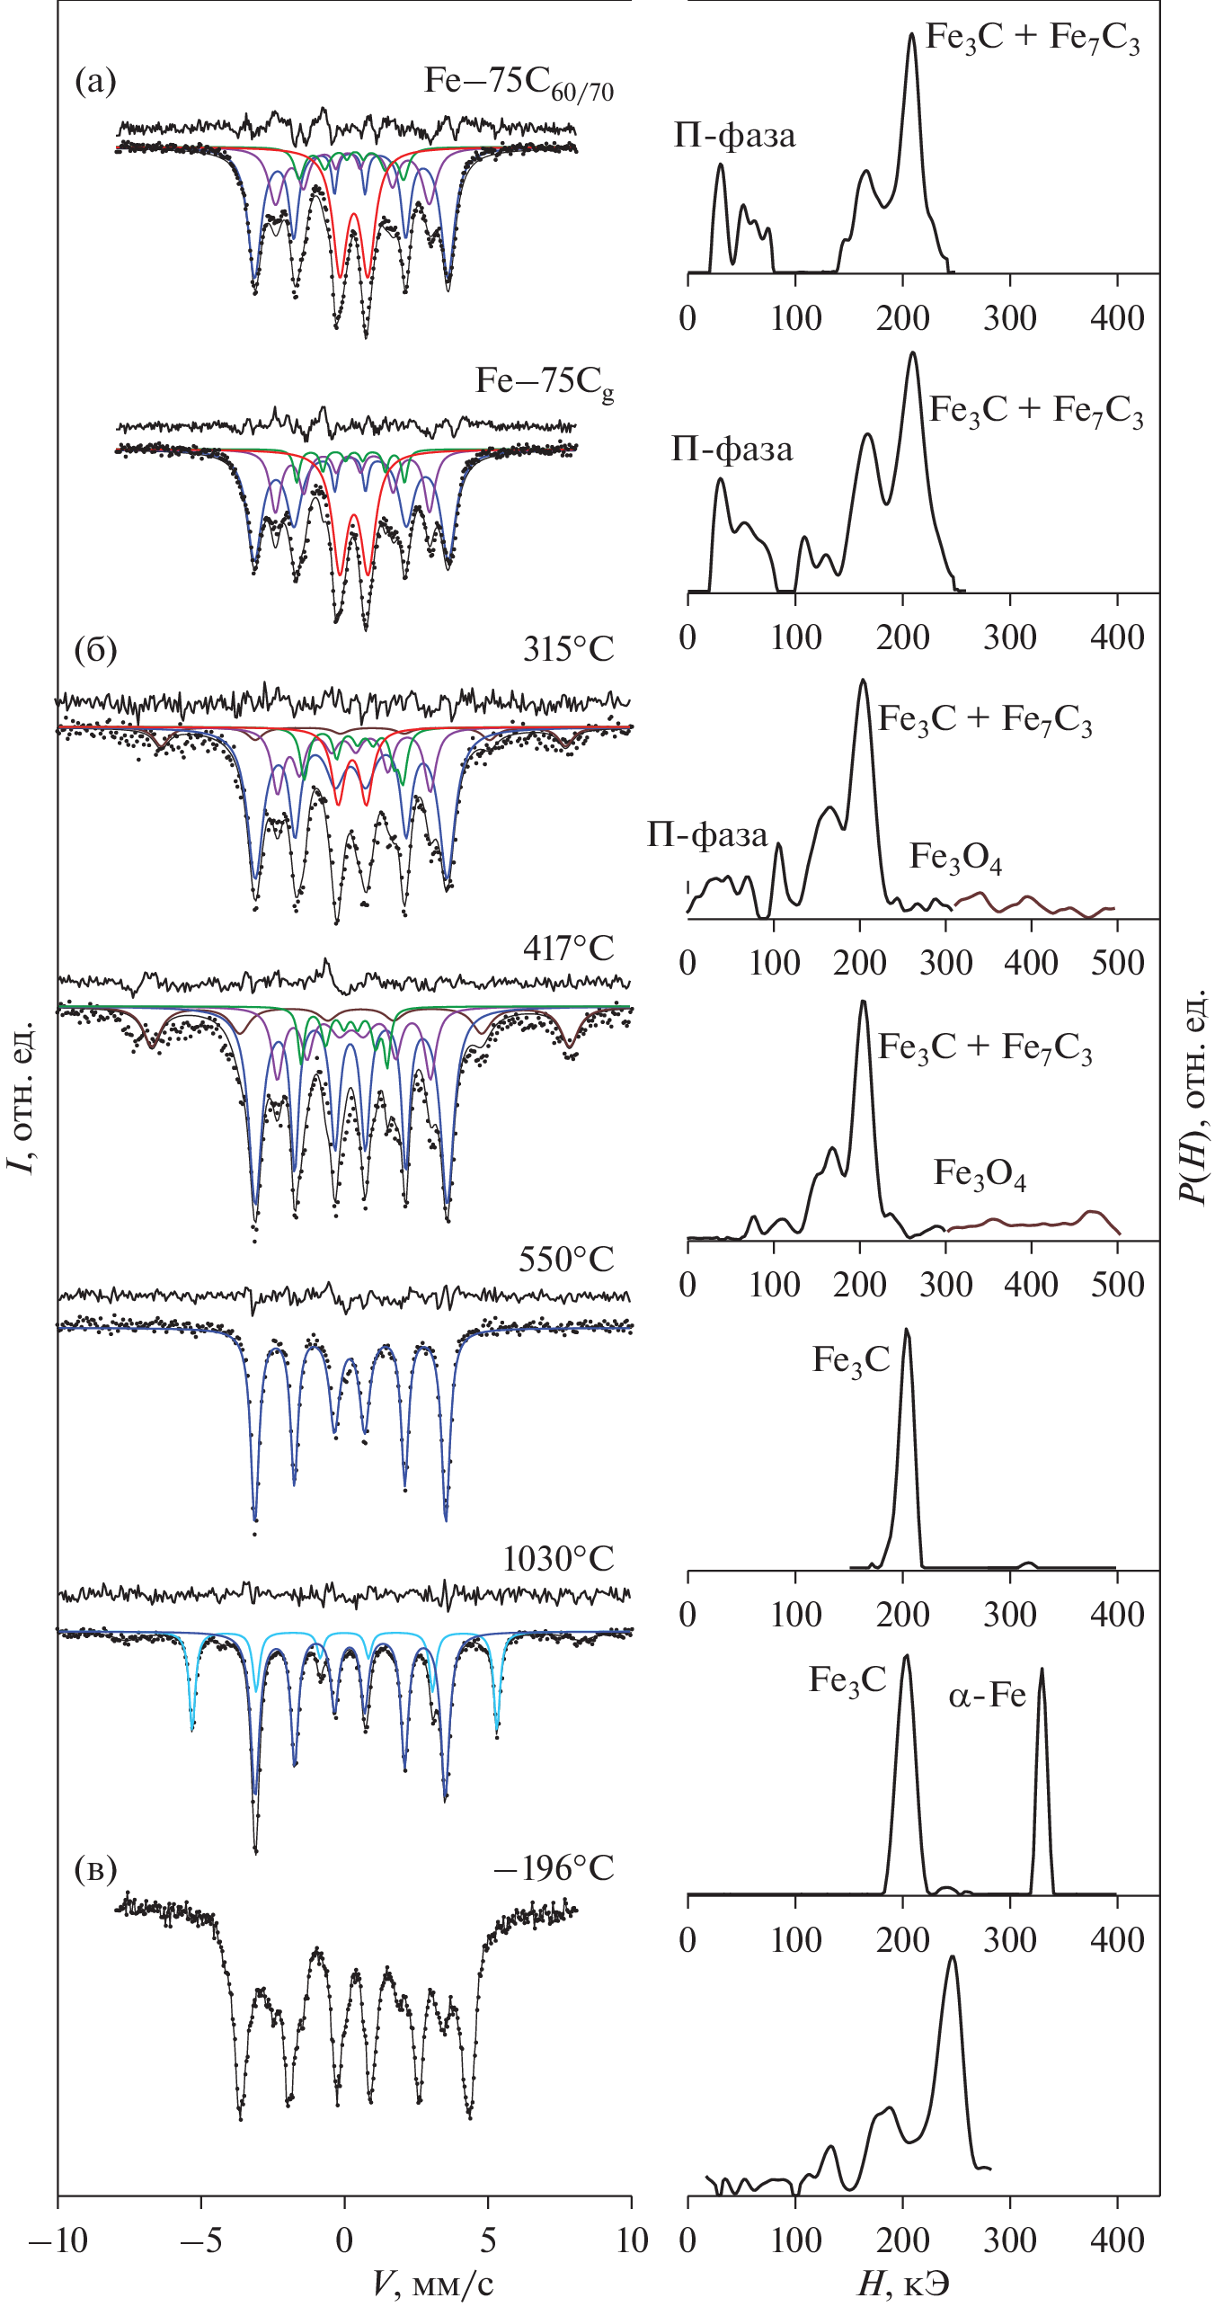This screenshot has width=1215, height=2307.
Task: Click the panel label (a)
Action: point(95,82)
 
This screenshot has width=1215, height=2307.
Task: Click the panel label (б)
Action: point(95,648)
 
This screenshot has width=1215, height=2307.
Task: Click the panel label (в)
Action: point(95,1869)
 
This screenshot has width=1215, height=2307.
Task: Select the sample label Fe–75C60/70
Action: point(519,83)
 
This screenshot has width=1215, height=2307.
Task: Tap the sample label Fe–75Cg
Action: point(545,383)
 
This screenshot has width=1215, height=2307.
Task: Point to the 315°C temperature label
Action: point(568,648)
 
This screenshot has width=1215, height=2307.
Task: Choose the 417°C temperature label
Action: point(568,948)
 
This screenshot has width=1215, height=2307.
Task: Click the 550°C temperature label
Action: point(566,1260)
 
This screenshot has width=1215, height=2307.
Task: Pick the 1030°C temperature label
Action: point(558,1558)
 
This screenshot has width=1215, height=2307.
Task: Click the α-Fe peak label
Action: point(987,1696)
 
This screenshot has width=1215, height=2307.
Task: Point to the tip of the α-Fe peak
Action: point(1042,1670)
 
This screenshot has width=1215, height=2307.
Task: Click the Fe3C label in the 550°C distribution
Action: point(850,1360)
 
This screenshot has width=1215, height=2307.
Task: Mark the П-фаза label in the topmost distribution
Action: point(734,136)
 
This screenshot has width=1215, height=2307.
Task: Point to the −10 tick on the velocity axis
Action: point(58,2240)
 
